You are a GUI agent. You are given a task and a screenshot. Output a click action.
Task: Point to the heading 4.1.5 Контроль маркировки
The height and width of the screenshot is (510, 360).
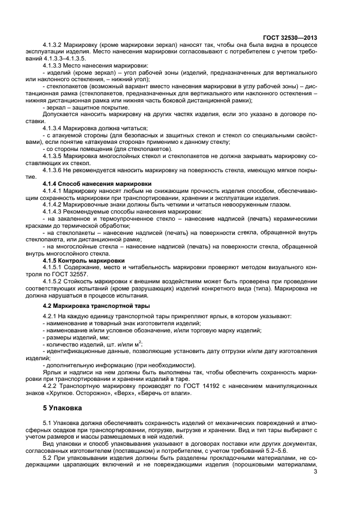pos(83,260)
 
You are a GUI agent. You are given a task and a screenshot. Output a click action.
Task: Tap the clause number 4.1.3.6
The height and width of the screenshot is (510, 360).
pos(52,171)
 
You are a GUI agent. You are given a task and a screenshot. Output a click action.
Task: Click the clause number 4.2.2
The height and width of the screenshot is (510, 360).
pos(49,385)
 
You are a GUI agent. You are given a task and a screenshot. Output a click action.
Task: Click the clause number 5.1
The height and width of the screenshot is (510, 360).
pos(46,422)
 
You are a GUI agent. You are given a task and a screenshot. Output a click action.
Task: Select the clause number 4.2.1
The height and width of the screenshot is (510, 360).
pos(49,317)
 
